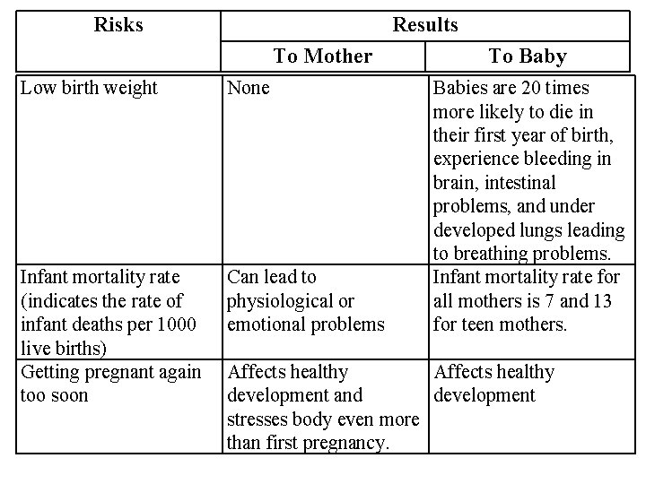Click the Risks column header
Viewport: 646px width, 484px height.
click(x=118, y=25)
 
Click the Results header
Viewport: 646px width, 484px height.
click(x=425, y=25)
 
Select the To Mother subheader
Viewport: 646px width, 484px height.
click(x=322, y=56)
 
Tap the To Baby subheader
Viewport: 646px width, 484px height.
click(x=528, y=56)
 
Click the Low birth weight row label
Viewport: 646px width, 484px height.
click(x=89, y=88)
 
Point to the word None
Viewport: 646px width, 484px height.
click(x=249, y=88)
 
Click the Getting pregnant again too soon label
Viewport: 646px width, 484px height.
click(x=109, y=383)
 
